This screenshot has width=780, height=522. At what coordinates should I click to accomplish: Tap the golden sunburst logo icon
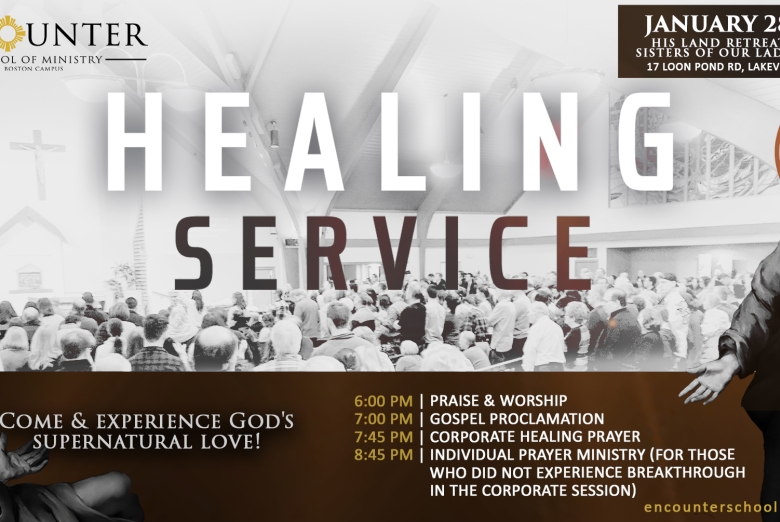(x=11, y=33)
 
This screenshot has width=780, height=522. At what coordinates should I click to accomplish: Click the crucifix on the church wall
(x=37, y=154)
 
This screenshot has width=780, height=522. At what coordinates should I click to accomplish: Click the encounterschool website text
(x=710, y=508)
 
